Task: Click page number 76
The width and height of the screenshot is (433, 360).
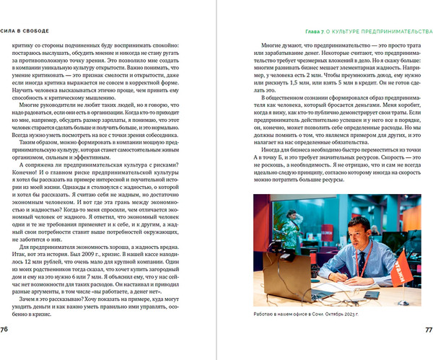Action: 6,329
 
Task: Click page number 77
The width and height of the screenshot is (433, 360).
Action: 427,329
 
